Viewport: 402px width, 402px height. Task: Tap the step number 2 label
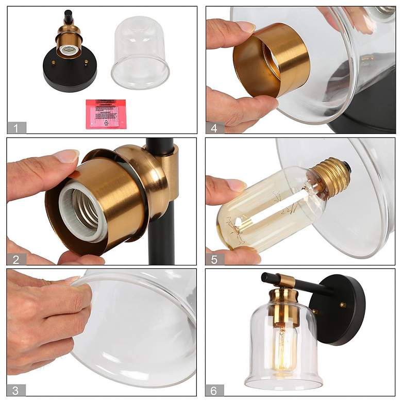tap(16, 259)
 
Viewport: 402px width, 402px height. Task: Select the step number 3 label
tap(16, 390)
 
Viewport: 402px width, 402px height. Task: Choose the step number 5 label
tap(215, 259)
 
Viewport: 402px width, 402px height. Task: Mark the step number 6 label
tap(215, 390)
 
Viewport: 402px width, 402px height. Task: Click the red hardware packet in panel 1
tap(106, 113)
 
